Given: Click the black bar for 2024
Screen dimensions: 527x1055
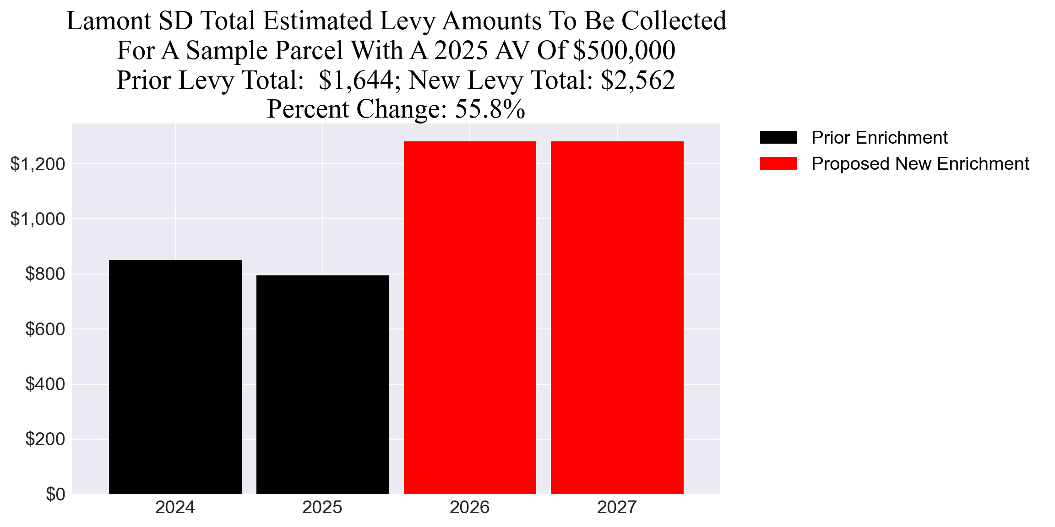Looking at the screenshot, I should [175, 377].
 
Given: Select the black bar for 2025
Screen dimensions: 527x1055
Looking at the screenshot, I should [322, 384].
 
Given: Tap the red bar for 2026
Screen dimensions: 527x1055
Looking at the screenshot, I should [470, 317].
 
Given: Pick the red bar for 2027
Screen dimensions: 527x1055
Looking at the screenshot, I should [617, 317].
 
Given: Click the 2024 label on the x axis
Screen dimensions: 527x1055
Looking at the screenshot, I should [175, 508].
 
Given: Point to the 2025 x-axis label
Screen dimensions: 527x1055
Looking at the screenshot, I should [322, 508].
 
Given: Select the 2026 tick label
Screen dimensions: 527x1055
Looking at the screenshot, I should [470, 508].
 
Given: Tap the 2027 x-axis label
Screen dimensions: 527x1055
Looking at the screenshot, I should [617, 508].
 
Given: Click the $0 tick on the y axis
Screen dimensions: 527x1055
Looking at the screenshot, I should [55, 494].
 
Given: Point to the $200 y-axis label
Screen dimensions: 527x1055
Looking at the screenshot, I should [45, 439].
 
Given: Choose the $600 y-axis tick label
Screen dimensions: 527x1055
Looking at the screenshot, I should [45, 329].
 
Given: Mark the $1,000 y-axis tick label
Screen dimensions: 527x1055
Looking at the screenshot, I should [38, 219].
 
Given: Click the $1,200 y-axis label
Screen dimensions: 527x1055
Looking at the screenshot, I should [38, 164].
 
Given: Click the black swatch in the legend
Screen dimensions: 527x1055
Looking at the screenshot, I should [778, 138].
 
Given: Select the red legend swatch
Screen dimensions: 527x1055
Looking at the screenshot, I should [778, 164].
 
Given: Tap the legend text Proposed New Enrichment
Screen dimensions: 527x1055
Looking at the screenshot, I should [920, 164].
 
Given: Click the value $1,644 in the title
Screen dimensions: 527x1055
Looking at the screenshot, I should [356, 80].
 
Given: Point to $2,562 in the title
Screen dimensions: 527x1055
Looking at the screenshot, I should [638, 80].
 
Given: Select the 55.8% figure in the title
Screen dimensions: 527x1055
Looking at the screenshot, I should [489, 109].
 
